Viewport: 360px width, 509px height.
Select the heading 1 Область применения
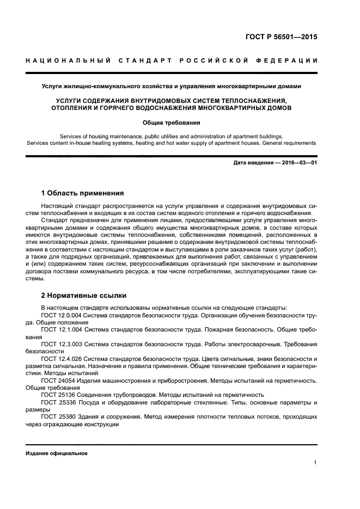tap(82, 193)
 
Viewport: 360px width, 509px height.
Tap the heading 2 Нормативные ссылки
tap(84, 296)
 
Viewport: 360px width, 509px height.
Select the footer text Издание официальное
tap(57, 453)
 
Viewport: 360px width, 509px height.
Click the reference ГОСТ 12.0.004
tap(62, 315)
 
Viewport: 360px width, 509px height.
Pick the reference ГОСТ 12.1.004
tap(62, 330)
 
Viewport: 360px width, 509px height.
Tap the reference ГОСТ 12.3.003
tap(62, 345)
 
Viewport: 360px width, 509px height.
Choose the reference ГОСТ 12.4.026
tap(62, 360)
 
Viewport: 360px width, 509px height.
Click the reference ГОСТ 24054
tap(58, 381)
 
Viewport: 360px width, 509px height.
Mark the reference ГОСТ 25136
tap(58, 395)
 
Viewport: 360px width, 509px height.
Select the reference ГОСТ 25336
tap(58, 402)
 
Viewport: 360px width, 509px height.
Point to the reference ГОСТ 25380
tap(58, 416)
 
